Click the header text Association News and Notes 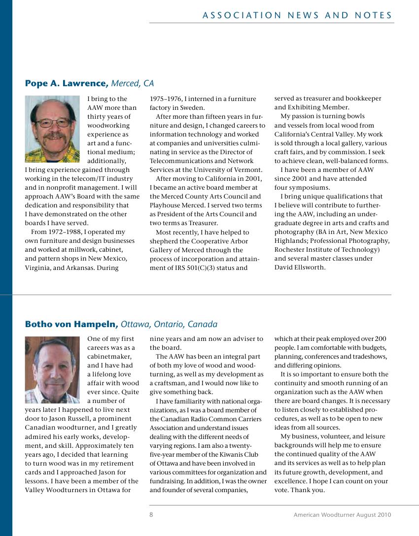pos(297,15)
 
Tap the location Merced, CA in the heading pos(133,84)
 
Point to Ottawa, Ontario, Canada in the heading pos(169,324)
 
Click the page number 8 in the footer pos(151,515)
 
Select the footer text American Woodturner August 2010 pos(342,515)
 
